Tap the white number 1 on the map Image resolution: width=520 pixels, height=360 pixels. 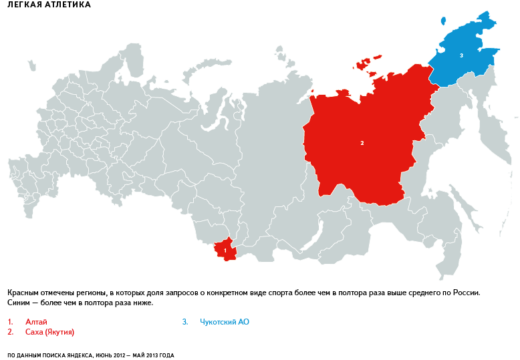(x=225, y=250)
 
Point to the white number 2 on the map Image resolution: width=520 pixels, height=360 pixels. (x=362, y=143)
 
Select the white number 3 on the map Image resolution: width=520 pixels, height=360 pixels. (x=461, y=55)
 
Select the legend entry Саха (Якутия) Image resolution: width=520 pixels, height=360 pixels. (x=49, y=332)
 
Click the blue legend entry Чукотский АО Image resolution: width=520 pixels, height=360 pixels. (x=225, y=322)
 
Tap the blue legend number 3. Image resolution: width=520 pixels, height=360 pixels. (x=185, y=322)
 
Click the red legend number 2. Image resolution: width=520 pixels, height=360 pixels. (x=11, y=332)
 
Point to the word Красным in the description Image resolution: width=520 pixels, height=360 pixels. (x=24, y=293)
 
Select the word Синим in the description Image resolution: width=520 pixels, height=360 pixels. (x=19, y=303)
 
